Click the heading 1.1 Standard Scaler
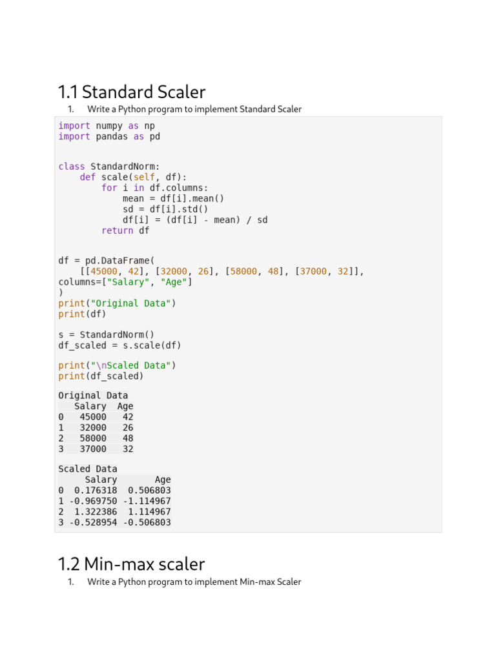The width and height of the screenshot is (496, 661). point(132,92)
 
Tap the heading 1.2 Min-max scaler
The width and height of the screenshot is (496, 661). point(131,564)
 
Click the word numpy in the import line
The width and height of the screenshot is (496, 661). point(109,125)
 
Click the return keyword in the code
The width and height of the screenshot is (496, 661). point(117,230)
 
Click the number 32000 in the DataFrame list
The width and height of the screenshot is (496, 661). point(173,271)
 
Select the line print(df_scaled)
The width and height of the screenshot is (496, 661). point(101,376)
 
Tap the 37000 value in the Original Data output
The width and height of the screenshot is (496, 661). point(93,449)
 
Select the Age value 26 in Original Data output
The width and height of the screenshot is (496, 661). point(128,427)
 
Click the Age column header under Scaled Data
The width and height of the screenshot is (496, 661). point(163,480)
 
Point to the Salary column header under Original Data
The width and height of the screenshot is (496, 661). point(90,406)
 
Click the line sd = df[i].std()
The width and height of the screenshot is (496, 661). point(166,209)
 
